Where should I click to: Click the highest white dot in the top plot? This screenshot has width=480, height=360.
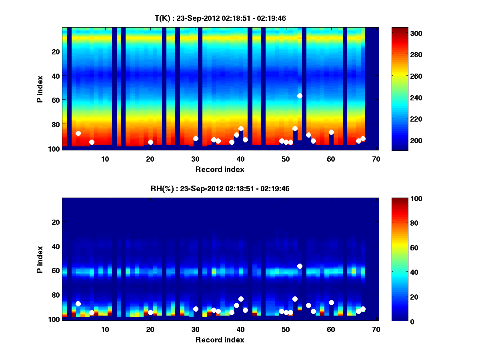[300, 96]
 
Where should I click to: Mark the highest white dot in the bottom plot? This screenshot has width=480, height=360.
[300, 266]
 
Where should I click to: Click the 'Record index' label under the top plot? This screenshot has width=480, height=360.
[220, 169]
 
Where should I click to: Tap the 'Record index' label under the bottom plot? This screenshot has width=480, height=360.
[220, 340]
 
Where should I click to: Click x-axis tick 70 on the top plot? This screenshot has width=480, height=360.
[376, 159]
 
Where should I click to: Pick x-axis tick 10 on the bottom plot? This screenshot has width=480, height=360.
[105, 329]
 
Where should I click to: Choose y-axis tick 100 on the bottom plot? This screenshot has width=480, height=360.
[53, 319]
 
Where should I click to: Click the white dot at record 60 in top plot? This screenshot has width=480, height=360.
[331, 132]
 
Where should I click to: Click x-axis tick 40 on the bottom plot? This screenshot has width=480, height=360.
[240, 329]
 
